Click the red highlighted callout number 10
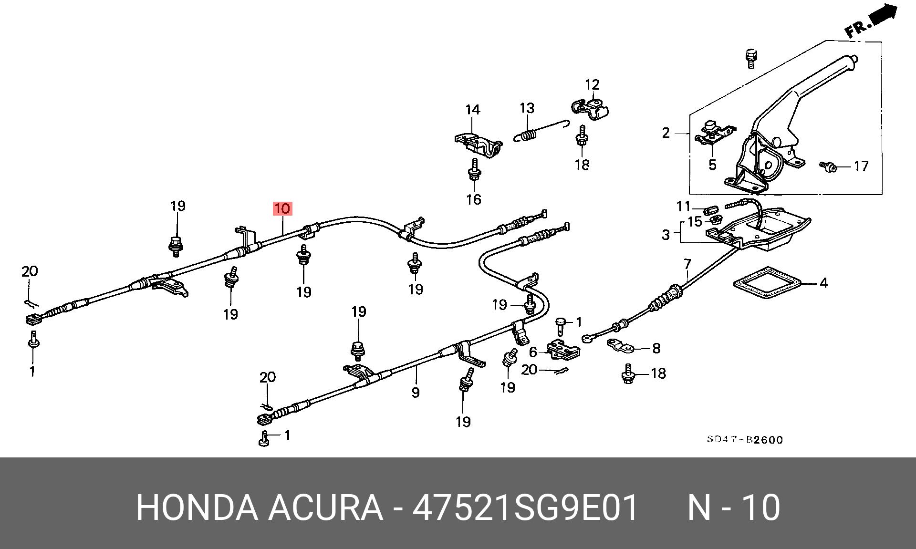pos(282,208)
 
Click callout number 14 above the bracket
pos(472,110)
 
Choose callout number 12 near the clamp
pos(592,85)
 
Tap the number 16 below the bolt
pos(473,199)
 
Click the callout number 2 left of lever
pos(666,133)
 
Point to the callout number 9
pos(415,393)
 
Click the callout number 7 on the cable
pos(687,264)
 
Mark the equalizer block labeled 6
pos(563,351)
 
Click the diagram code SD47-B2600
pos(745,439)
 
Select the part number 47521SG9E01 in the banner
pos(525,508)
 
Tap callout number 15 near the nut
pos(695,222)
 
